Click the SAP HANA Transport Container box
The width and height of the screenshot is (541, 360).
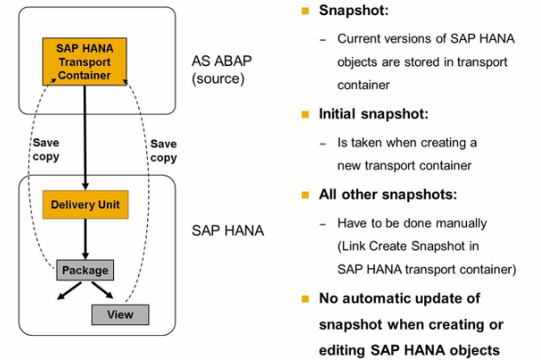[x=84, y=62]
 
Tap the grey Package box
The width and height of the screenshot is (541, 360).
[x=85, y=270]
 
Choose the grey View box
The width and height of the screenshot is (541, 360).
[x=119, y=315]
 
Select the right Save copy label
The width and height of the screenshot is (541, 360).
[x=163, y=150]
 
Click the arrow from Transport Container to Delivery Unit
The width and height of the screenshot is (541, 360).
[x=85, y=134]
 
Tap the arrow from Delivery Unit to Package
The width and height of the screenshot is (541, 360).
[x=85, y=239]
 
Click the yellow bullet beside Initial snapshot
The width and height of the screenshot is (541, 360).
[x=305, y=115]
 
